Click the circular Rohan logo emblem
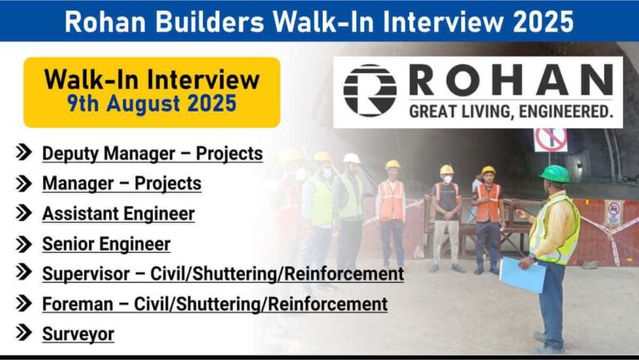click(370, 91)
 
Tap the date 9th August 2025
click(151, 103)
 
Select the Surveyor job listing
click(78, 334)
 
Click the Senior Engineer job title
click(106, 244)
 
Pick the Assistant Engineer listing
click(119, 214)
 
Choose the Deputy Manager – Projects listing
click(152, 154)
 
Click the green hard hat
click(554, 174)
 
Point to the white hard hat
click(351, 158)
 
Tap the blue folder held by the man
click(522, 275)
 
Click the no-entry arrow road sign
click(551, 140)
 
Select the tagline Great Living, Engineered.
click(511, 111)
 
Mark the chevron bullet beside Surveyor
click(23, 333)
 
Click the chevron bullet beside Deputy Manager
click(23, 152)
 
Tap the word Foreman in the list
click(78, 304)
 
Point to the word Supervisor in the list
click(86, 274)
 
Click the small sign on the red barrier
click(614, 213)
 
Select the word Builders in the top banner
click(211, 22)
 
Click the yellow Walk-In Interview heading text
click(151, 79)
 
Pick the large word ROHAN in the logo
click(511, 80)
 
